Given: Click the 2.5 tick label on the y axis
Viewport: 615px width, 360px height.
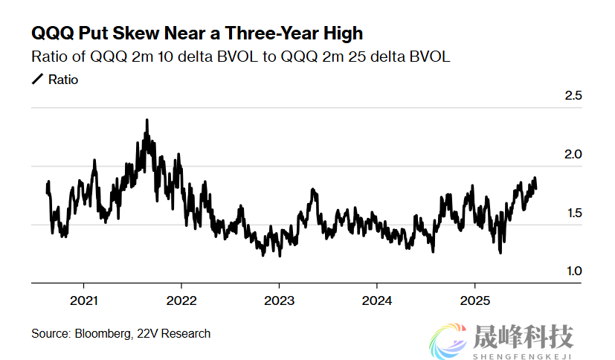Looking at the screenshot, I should [x=573, y=96].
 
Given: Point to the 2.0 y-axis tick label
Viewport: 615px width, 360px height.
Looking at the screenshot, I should [x=573, y=155].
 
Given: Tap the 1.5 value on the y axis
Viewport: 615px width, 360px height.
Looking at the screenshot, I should [x=573, y=213].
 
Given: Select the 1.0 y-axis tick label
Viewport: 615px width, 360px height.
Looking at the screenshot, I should [x=573, y=272].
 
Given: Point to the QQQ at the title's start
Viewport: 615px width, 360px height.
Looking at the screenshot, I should [x=51, y=33].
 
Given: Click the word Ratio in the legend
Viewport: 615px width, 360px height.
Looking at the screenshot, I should [x=62, y=79].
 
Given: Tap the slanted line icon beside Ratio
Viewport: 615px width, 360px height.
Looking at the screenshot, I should [x=37, y=79].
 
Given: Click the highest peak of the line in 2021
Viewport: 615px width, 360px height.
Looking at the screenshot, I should [x=146, y=120].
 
